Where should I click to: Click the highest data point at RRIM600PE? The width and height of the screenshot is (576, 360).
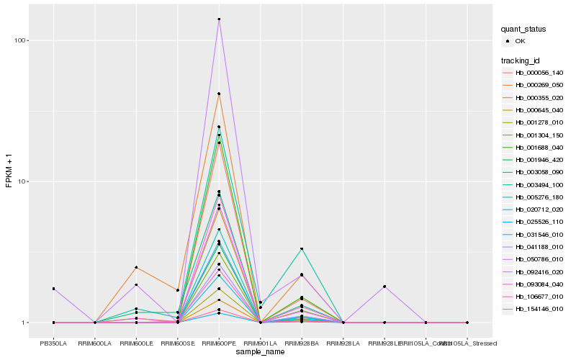pos(219,19)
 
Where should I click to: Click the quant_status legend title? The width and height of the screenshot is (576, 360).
pos(523,30)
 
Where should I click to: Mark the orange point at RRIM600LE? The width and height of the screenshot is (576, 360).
pos(136,267)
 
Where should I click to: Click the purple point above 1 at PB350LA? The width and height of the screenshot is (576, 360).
pos(54,289)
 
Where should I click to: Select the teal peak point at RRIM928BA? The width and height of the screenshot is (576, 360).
pos(302,249)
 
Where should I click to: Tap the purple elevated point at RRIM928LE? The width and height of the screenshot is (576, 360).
pos(384,287)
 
